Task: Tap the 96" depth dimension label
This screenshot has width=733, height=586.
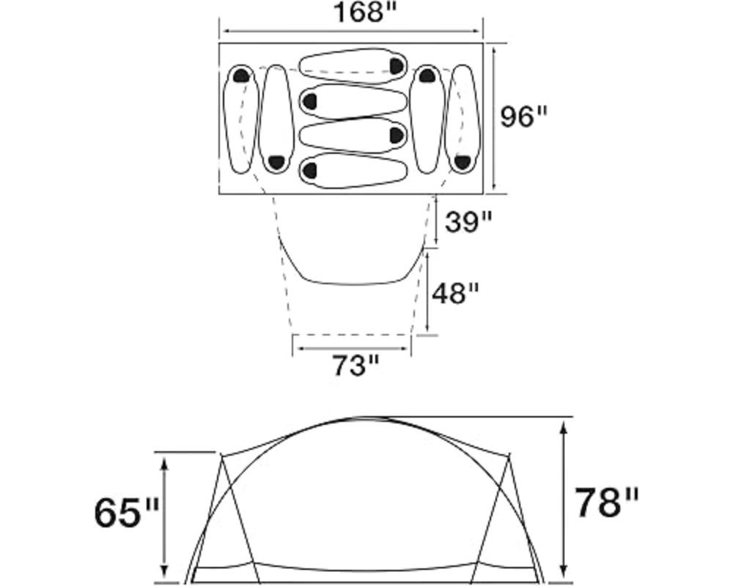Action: [x=523, y=116]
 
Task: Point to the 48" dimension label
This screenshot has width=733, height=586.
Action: [x=455, y=294]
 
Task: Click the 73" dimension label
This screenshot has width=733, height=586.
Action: [x=354, y=366]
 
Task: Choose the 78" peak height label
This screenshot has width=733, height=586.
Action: [x=606, y=503]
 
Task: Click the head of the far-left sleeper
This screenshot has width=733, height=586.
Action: [x=242, y=75]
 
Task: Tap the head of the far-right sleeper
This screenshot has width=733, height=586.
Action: [x=462, y=162]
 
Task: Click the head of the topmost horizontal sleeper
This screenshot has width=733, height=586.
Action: [x=397, y=66]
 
